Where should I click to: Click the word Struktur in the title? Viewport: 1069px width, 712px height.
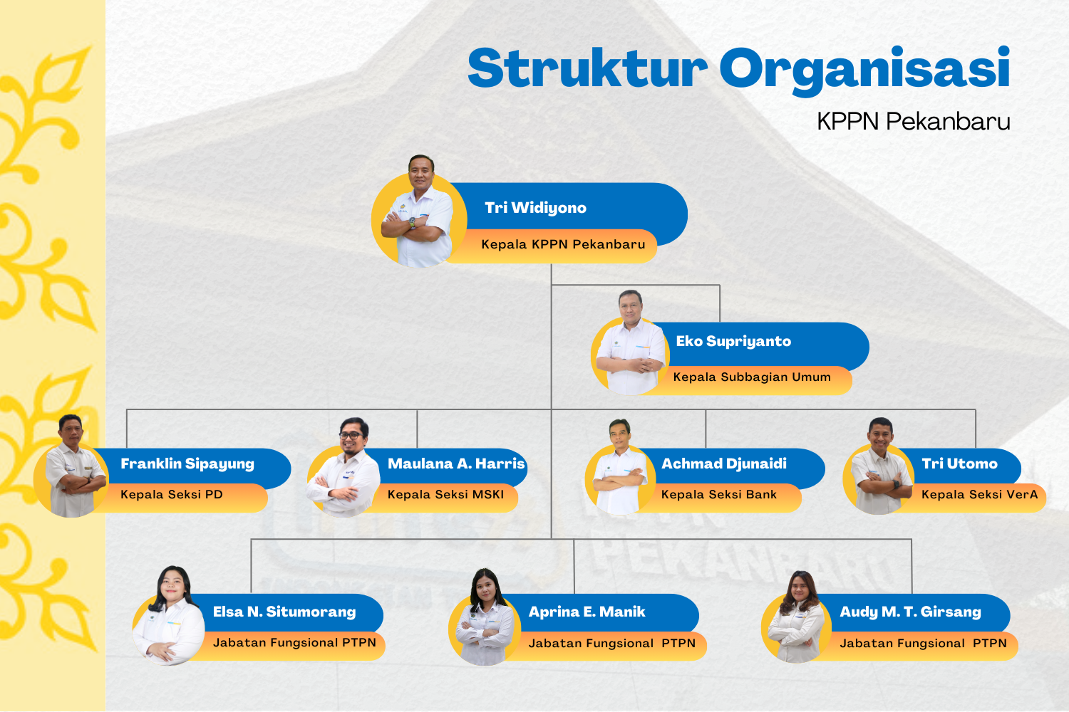pyautogui.click(x=587, y=69)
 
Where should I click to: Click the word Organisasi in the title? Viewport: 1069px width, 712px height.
pyautogui.click(x=864, y=69)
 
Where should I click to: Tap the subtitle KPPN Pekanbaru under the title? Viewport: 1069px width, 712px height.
pyautogui.click(x=913, y=122)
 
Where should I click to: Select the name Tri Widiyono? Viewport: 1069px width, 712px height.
pyautogui.click(x=535, y=208)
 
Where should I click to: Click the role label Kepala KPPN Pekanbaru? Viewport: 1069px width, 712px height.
pyautogui.click(x=563, y=244)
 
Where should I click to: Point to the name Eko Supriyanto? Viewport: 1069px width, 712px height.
pyautogui.click(x=733, y=341)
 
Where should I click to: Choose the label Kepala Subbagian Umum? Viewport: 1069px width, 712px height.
pyautogui.click(x=752, y=377)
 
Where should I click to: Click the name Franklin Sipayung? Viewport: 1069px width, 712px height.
pyautogui.click(x=187, y=464)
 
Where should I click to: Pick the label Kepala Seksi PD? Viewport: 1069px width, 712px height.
pyautogui.click(x=172, y=495)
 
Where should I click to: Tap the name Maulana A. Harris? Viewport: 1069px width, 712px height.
pyautogui.click(x=456, y=464)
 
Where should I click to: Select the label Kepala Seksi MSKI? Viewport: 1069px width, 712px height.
pyautogui.click(x=445, y=495)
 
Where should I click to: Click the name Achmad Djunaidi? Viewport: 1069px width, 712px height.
pyautogui.click(x=724, y=464)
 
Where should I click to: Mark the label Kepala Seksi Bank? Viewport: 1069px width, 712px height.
pyautogui.click(x=719, y=495)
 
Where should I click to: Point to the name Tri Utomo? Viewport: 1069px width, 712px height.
pyautogui.click(x=959, y=464)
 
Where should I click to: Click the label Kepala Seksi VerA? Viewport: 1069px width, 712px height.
pyautogui.click(x=979, y=495)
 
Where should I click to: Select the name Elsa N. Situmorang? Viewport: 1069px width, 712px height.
pyautogui.click(x=284, y=612)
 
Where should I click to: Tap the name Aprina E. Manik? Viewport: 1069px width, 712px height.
pyautogui.click(x=587, y=612)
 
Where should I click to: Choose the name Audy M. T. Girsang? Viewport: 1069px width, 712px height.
pyautogui.click(x=910, y=612)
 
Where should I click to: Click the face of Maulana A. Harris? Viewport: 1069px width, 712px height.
pyautogui.click(x=353, y=434)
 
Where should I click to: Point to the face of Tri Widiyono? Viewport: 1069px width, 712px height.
pyautogui.click(x=421, y=172)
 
